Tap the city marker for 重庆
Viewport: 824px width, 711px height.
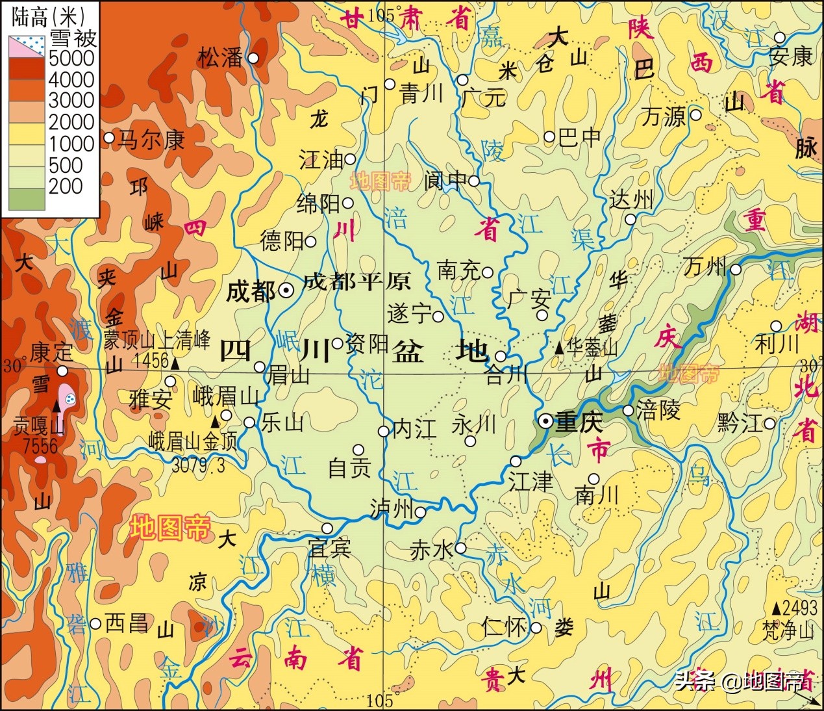click(546, 421)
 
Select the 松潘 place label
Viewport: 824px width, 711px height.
click(221, 58)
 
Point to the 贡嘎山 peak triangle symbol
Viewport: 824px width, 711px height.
click(57, 406)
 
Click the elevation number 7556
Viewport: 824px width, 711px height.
click(40, 446)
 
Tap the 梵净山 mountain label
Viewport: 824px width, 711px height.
click(788, 630)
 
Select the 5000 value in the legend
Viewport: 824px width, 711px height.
click(71, 58)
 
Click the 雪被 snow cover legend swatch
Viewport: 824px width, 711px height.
click(27, 45)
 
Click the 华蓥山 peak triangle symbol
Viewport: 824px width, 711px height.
click(558, 348)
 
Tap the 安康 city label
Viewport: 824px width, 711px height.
click(790, 57)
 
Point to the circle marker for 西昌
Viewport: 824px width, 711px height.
click(95, 624)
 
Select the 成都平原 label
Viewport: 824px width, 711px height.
click(356, 281)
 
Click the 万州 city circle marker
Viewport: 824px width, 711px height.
click(736, 269)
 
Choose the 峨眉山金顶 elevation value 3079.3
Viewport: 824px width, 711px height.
click(197, 465)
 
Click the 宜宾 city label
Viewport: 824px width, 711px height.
click(330, 549)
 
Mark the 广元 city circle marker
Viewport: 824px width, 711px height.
click(462, 80)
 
